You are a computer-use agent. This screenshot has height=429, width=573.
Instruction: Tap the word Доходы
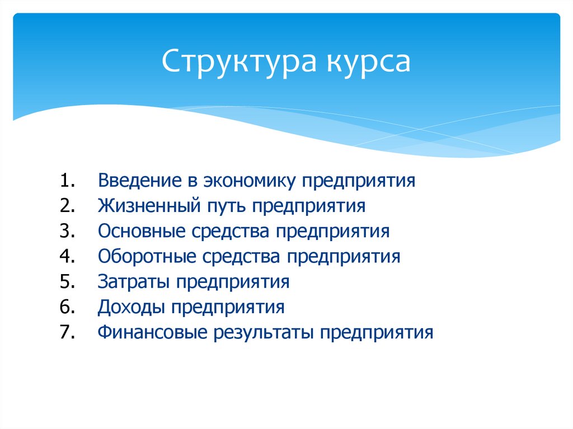point(131,307)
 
